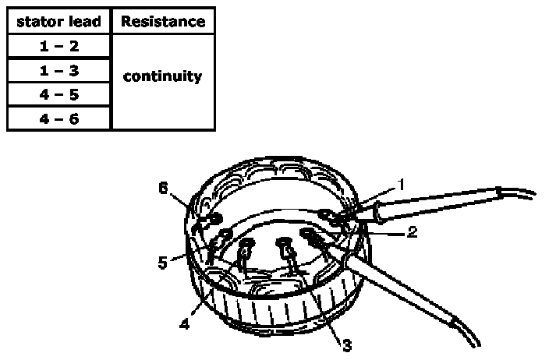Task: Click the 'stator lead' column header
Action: [59, 21]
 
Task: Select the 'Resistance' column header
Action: [162, 21]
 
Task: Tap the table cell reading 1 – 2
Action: [59, 46]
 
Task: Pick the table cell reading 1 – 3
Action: [59, 70]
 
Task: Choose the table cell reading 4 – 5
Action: [59, 94]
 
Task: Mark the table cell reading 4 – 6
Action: [59, 118]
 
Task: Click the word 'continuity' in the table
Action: [162, 76]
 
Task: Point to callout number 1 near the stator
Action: [401, 185]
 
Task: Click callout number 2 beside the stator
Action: [411, 231]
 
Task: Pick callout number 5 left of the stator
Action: [162, 263]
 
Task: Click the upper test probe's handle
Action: [437, 200]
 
